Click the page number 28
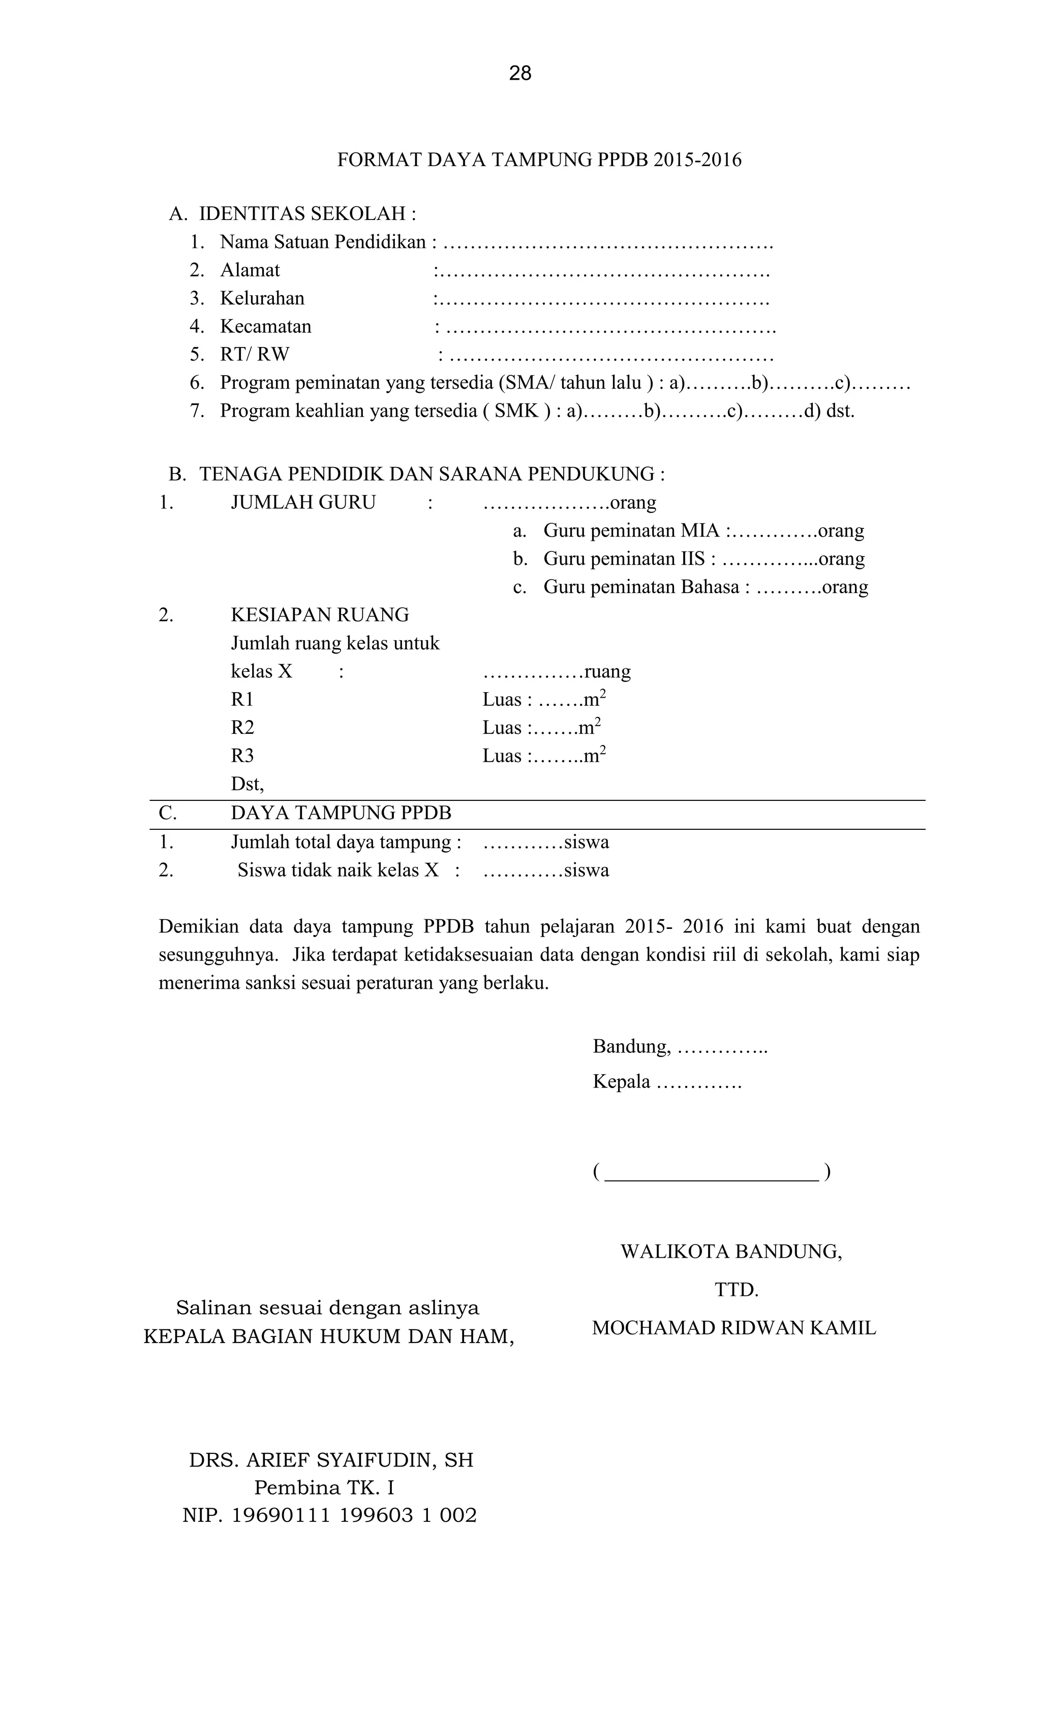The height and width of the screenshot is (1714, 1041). [520, 73]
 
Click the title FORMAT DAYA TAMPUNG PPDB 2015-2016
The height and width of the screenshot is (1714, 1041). [539, 160]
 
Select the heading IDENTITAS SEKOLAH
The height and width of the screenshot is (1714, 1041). [307, 213]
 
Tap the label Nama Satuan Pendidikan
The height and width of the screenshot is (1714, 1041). [322, 242]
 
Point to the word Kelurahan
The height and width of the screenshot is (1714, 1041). [262, 298]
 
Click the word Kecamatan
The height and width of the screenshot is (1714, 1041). [266, 326]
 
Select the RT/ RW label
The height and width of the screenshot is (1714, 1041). [255, 355]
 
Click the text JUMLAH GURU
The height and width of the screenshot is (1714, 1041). [303, 502]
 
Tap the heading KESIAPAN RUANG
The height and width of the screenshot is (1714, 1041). [319, 615]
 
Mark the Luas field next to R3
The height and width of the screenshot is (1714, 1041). [544, 756]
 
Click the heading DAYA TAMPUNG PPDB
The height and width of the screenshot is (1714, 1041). [341, 813]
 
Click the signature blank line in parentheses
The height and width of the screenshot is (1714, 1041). [711, 1173]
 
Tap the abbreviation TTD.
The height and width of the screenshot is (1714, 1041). [736, 1290]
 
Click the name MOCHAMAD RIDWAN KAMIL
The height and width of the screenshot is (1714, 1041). [733, 1329]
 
